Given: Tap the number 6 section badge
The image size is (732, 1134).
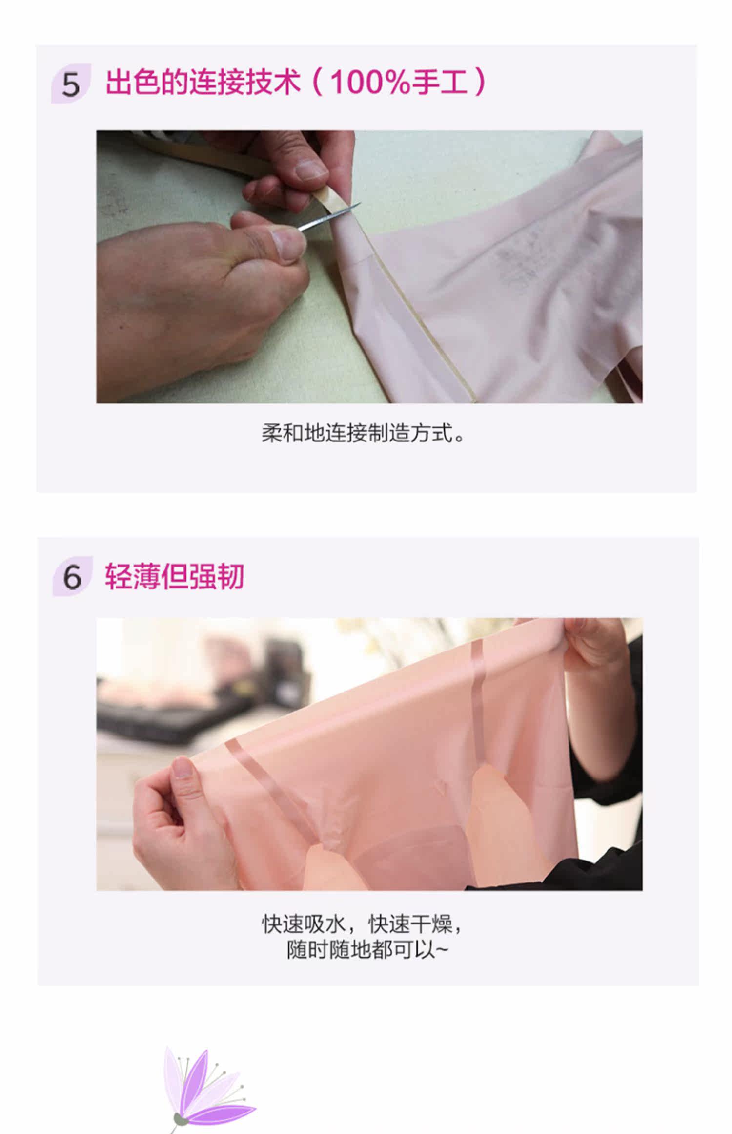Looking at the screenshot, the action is (72, 576).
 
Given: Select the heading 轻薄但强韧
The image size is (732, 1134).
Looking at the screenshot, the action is (174, 576).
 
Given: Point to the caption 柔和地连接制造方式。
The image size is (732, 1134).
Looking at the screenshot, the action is (363, 433).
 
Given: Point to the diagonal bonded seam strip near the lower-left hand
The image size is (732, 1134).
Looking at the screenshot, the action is (273, 791).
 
